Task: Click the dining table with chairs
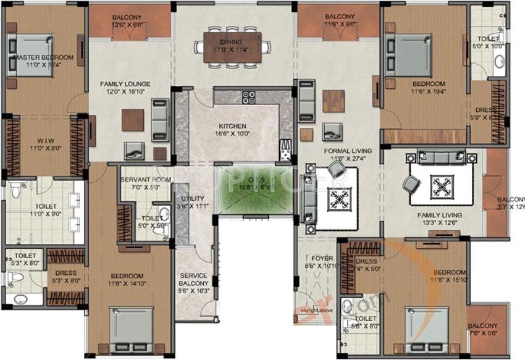[232, 46]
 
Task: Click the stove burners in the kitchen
[248, 97]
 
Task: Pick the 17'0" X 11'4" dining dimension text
[232, 50]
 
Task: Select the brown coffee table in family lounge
[133, 120]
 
